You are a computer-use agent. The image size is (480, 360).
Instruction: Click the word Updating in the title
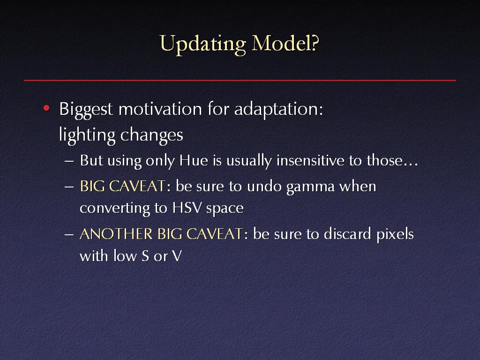pyautogui.click(x=202, y=44)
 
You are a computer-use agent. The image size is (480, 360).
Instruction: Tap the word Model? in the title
pyautogui.click(x=285, y=43)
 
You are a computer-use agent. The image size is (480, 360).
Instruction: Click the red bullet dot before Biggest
pyautogui.click(x=46, y=108)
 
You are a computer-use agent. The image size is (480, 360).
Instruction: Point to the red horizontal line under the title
pyautogui.click(x=240, y=80)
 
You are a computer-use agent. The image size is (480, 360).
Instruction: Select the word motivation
pyautogui.click(x=160, y=109)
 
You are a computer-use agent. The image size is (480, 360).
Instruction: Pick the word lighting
pyautogui.click(x=87, y=135)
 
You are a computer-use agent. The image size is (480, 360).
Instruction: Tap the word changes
pyautogui.click(x=152, y=135)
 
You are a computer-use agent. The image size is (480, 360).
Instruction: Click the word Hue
pyautogui.click(x=194, y=160)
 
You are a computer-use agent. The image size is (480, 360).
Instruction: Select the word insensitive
pyautogui.click(x=310, y=160)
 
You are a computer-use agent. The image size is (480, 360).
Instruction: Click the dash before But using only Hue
pyautogui.click(x=69, y=161)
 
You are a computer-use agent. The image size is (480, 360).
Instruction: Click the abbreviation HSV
pyautogui.click(x=187, y=208)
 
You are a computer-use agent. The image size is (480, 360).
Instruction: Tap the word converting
pyautogui.click(x=115, y=209)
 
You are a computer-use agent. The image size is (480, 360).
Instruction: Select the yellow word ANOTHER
pyautogui.click(x=116, y=234)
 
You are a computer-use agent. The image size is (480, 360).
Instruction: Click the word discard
pyautogui.click(x=347, y=234)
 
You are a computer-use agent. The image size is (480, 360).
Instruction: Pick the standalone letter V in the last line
pyautogui.click(x=177, y=256)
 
